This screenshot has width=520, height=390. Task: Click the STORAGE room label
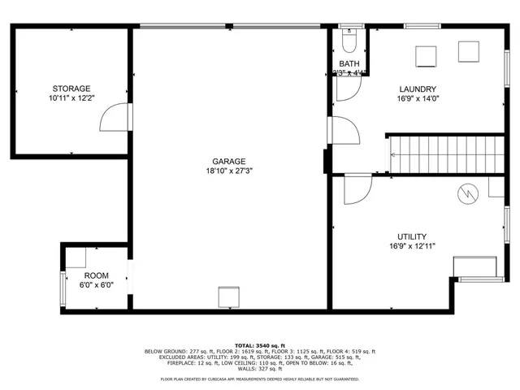(71, 89)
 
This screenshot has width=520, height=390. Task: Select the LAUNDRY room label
(418, 89)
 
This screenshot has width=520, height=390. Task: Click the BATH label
(349, 64)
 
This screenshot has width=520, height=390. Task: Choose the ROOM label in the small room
(96, 275)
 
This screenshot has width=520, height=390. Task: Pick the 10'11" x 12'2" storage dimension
(71, 98)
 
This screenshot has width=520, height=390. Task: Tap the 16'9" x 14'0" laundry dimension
(418, 99)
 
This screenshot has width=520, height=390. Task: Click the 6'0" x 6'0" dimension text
(96, 285)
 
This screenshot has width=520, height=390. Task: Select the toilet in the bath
(349, 41)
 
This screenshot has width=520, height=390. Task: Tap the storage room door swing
(115, 119)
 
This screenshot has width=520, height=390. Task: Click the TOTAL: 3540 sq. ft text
(259, 345)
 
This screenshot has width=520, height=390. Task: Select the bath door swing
(344, 88)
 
